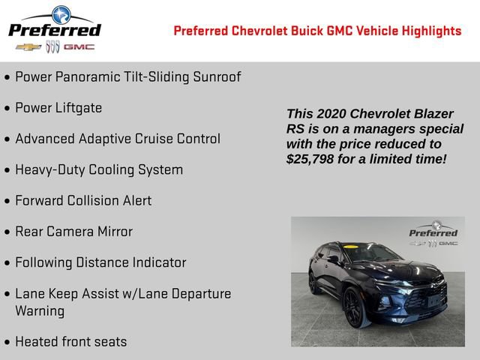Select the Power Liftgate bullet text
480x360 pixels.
[x=58, y=108]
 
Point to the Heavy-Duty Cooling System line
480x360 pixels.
[x=99, y=169]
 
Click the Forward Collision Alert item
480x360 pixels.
[x=83, y=201]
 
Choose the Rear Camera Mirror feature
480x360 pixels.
[x=73, y=232]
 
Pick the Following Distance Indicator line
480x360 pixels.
[x=100, y=262]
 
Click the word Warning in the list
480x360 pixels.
[x=40, y=310]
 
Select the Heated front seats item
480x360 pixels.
[x=71, y=341]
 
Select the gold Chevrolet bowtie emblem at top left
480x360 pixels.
[x=28, y=47]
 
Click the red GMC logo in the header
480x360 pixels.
[x=79, y=47]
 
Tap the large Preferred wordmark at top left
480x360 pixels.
[x=54, y=30]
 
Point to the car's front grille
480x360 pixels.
[x=426, y=295]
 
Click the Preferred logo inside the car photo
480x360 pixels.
[x=433, y=232]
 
